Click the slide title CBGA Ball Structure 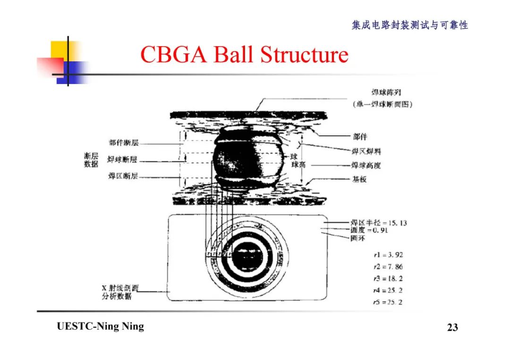[x=244, y=55]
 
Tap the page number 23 [x=452, y=327]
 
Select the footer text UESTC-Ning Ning [x=100, y=327]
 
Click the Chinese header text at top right [x=409, y=25]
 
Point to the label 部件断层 [x=124, y=143]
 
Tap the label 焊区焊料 [x=366, y=151]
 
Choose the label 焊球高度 [x=366, y=165]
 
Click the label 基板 [x=359, y=179]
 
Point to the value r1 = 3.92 [x=387, y=255]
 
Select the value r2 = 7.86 [x=387, y=267]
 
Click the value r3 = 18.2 [x=387, y=279]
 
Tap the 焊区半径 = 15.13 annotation [x=378, y=223]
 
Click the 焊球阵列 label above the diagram [x=383, y=92]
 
